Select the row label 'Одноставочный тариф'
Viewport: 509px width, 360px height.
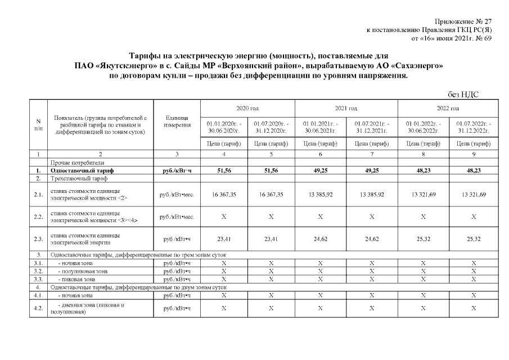click(82, 170)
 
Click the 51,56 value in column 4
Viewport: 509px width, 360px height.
click(223, 170)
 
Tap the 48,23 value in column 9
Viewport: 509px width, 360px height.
click(474, 170)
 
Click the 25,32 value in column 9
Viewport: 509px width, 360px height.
click(474, 238)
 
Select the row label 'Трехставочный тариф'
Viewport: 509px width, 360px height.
click(79, 178)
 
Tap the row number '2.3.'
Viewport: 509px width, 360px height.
click(38, 239)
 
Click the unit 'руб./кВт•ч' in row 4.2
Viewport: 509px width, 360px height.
click(177, 308)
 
